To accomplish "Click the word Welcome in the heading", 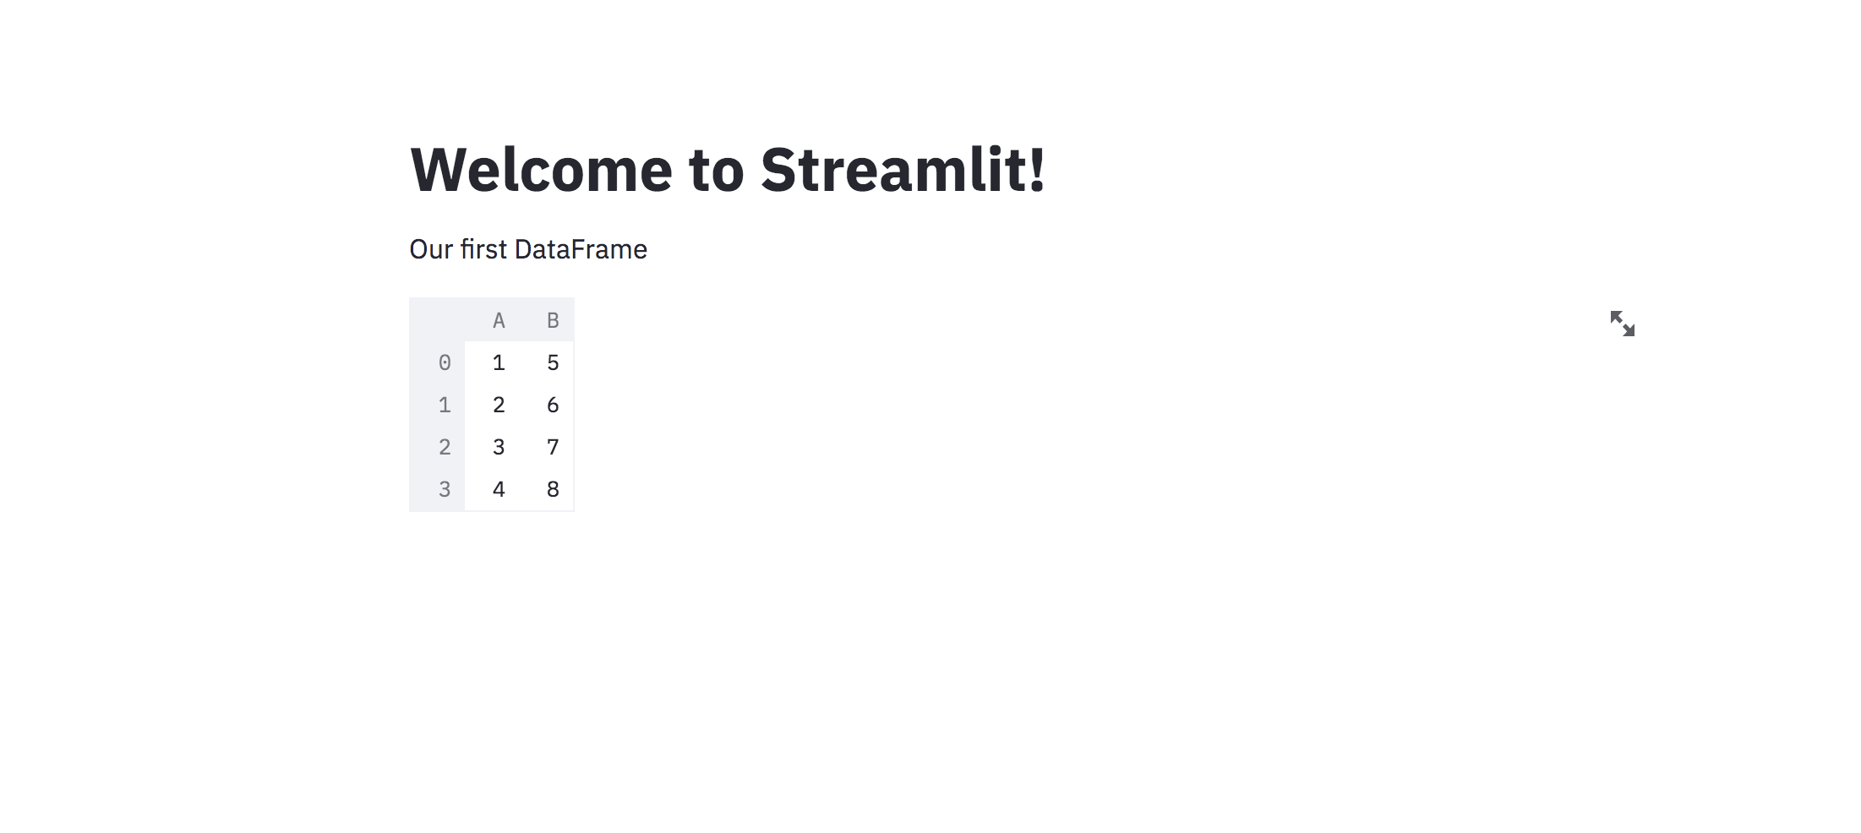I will [x=541, y=170].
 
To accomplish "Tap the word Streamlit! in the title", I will [x=903, y=170].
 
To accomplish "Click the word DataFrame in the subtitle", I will [x=581, y=249].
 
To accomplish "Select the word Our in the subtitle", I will [x=431, y=249].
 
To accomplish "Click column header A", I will [x=499, y=320].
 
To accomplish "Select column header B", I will [x=553, y=320].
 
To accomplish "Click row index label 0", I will [x=445, y=362].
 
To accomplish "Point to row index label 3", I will [x=445, y=489].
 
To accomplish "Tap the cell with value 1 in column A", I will [x=499, y=362].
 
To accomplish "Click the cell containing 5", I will [x=553, y=362].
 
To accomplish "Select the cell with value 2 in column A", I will [x=499, y=405].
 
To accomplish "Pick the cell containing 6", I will [x=553, y=405].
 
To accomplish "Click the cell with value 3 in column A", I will [x=499, y=447].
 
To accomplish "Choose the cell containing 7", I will [x=553, y=447].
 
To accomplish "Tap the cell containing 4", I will [x=499, y=489].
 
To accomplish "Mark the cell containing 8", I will [x=553, y=489].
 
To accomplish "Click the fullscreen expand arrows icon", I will [x=1622, y=324].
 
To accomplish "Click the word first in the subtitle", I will [x=483, y=249].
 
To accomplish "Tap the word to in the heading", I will [x=717, y=170].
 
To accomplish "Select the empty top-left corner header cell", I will [x=437, y=320].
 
